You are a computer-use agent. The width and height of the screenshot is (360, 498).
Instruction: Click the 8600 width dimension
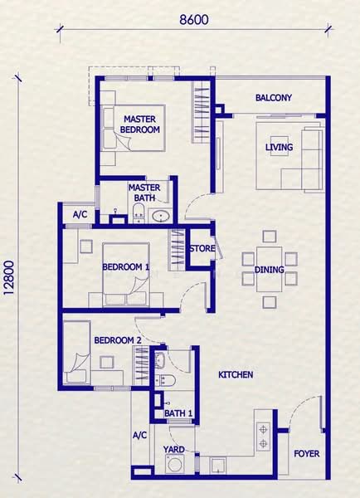coord(194,20)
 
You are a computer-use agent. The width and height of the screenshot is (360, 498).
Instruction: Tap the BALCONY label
coord(274,97)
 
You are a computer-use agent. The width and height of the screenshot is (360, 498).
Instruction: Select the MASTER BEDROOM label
coord(140,124)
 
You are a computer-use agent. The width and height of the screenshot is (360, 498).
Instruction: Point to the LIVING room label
coord(279,147)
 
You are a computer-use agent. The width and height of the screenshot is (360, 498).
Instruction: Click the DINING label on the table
coord(270,270)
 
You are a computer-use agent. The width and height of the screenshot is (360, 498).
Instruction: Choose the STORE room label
coord(202,248)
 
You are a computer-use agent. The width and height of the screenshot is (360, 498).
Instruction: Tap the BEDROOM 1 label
coord(126,266)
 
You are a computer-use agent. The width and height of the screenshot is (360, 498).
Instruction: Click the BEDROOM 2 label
coord(118,340)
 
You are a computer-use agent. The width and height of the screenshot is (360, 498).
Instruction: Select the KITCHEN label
coord(236,375)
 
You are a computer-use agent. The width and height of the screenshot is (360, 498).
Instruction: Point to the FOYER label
coord(307,453)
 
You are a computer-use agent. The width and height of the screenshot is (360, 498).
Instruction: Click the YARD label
coord(173,449)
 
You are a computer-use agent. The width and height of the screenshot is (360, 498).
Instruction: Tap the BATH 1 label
coord(178,413)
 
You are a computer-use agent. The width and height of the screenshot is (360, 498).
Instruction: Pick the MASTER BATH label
coord(144,193)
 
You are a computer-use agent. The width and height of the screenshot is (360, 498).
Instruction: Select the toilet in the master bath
coord(138,212)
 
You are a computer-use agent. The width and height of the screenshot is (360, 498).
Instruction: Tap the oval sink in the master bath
coord(160,217)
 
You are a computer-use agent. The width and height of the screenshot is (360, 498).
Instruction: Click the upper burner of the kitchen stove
coord(263,430)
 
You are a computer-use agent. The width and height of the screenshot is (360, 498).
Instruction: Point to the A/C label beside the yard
coord(139,435)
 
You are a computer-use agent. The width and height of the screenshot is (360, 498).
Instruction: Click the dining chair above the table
coord(270,237)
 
